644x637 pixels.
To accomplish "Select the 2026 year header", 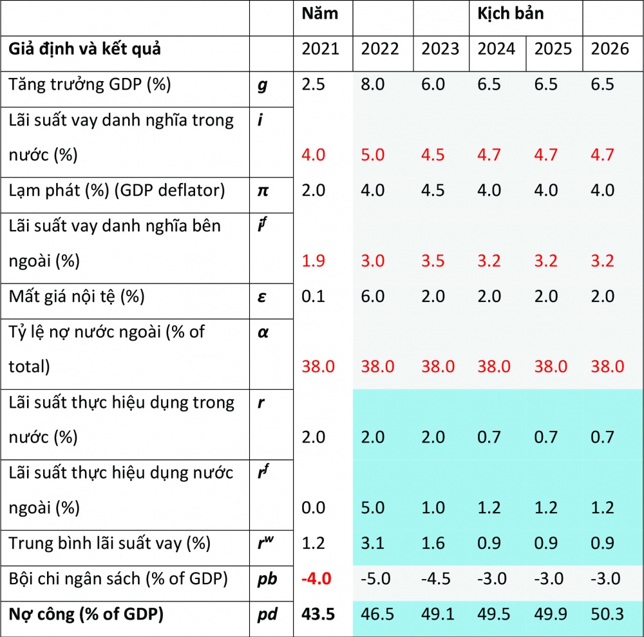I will click(x=610, y=50).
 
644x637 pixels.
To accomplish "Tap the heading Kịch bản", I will click(x=511, y=14).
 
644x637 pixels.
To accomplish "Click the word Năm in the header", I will click(x=320, y=14).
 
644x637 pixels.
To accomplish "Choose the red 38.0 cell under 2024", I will click(x=494, y=366).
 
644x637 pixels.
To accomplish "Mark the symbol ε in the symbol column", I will click(x=261, y=296).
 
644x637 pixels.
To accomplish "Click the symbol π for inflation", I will click(x=261, y=191).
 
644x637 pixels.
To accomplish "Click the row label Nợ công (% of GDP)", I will click(x=86, y=614).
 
